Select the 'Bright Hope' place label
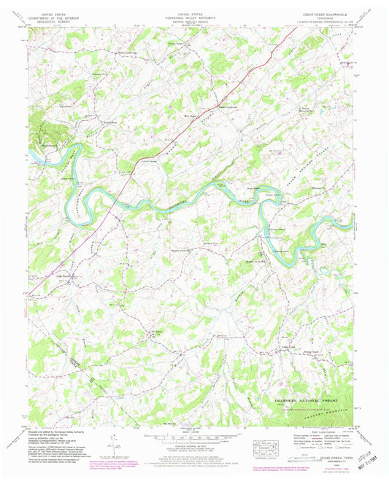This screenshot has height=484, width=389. (x=109, y=122)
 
